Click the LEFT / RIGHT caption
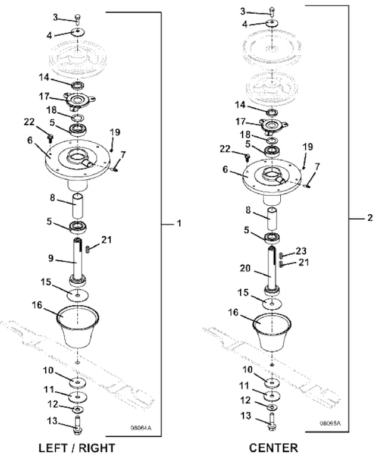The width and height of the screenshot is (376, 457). pyautogui.click(x=76, y=447)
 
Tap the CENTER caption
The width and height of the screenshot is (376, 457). pyautogui.click(x=273, y=447)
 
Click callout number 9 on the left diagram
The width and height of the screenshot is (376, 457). pyautogui.click(x=52, y=258)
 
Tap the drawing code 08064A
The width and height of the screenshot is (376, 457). pyautogui.click(x=142, y=428)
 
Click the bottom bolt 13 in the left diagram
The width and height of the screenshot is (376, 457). pyautogui.click(x=78, y=425)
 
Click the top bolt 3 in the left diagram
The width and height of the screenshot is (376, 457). pyautogui.click(x=78, y=18)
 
